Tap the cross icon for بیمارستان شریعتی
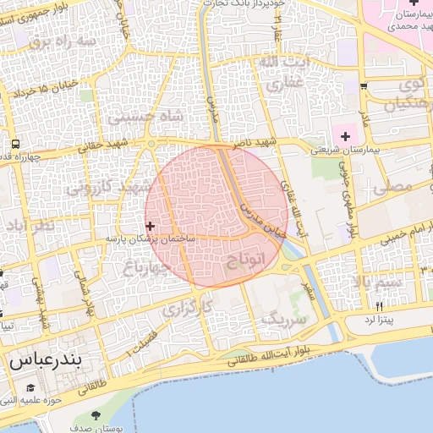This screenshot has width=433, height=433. tap(345, 136)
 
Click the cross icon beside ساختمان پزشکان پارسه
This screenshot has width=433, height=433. tap(150, 226)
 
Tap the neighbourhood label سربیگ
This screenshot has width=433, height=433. tap(282, 320)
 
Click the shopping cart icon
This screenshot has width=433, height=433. tap(364, 86)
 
